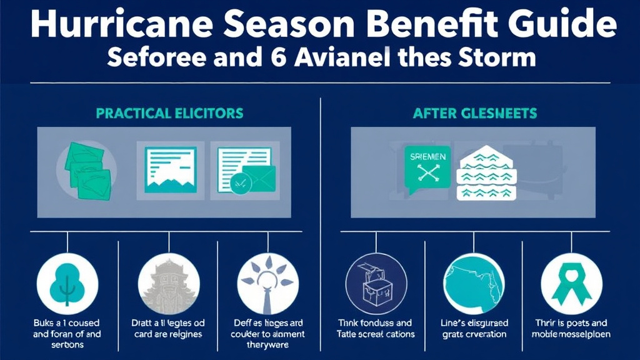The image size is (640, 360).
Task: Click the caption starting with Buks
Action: click(67, 334)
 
